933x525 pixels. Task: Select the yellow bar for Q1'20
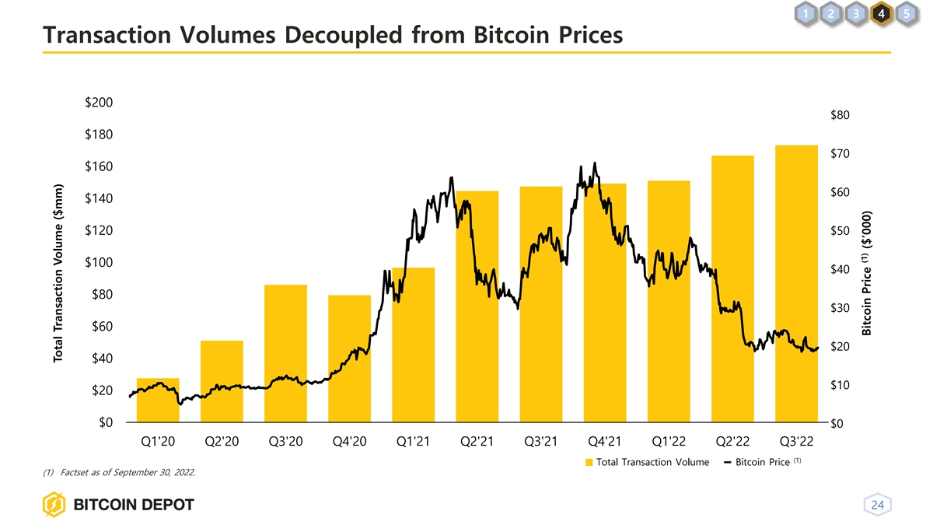(158, 401)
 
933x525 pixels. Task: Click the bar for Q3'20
(285, 354)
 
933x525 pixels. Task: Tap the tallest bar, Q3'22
(796, 284)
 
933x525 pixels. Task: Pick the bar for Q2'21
(477, 307)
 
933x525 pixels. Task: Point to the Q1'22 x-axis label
(669, 443)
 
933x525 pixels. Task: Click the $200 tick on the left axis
(98, 103)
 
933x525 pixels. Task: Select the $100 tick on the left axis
(98, 263)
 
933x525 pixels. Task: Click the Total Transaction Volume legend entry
(647, 463)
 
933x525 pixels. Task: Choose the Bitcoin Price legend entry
(762, 463)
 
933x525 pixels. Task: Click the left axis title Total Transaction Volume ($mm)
(58, 272)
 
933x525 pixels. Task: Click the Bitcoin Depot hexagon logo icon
(55, 506)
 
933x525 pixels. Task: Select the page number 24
(878, 506)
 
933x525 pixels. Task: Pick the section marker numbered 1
(809, 13)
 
